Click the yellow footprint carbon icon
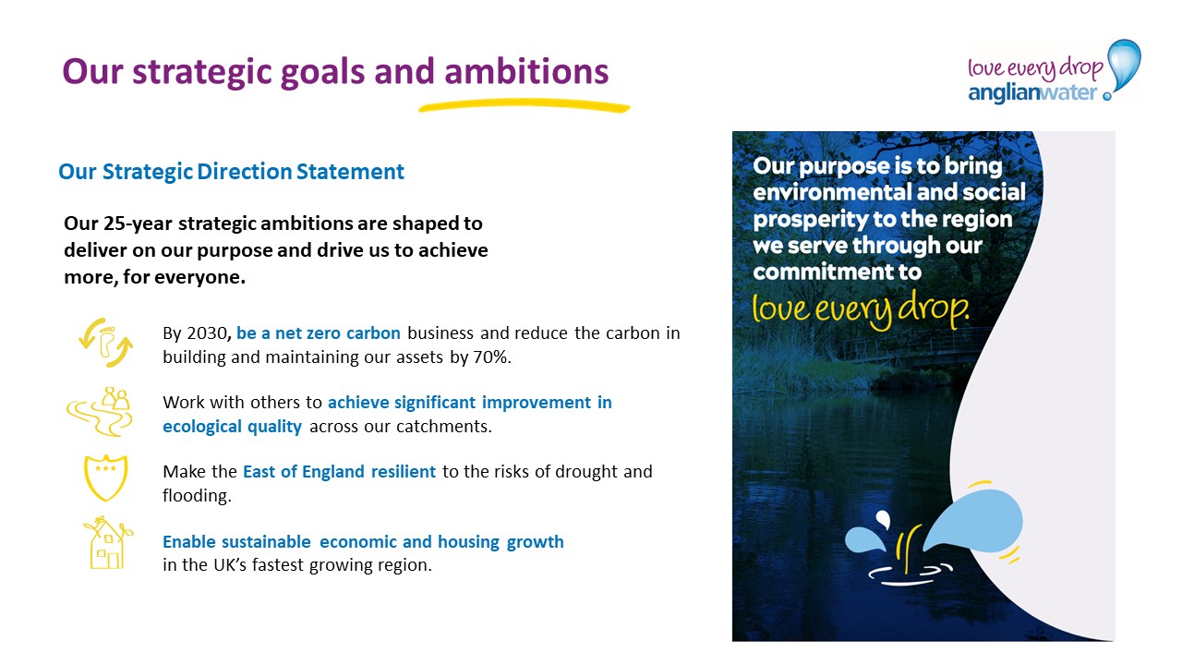(105, 343)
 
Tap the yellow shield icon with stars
(105, 478)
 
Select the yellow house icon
(108, 543)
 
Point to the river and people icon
(100, 412)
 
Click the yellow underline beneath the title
(525, 105)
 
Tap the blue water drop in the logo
(1125, 66)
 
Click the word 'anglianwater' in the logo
(1032, 93)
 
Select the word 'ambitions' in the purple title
(526, 71)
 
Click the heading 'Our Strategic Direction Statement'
(231, 172)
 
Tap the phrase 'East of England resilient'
(339, 471)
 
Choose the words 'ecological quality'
(232, 427)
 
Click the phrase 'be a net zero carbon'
(319, 333)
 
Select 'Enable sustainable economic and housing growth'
(363, 542)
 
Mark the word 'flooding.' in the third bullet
(197, 496)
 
